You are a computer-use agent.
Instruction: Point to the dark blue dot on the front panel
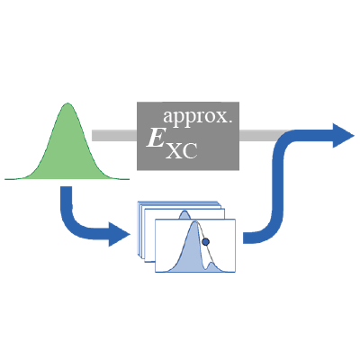click(206, 242)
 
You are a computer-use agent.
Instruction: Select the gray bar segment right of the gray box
click(260, 136)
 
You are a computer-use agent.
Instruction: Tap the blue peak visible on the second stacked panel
click(184, 215)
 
